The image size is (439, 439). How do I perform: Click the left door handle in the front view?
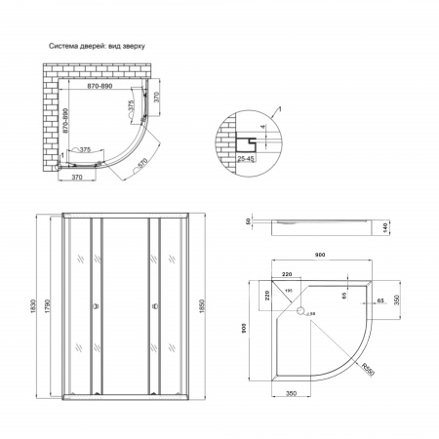(x=94, y=306)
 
